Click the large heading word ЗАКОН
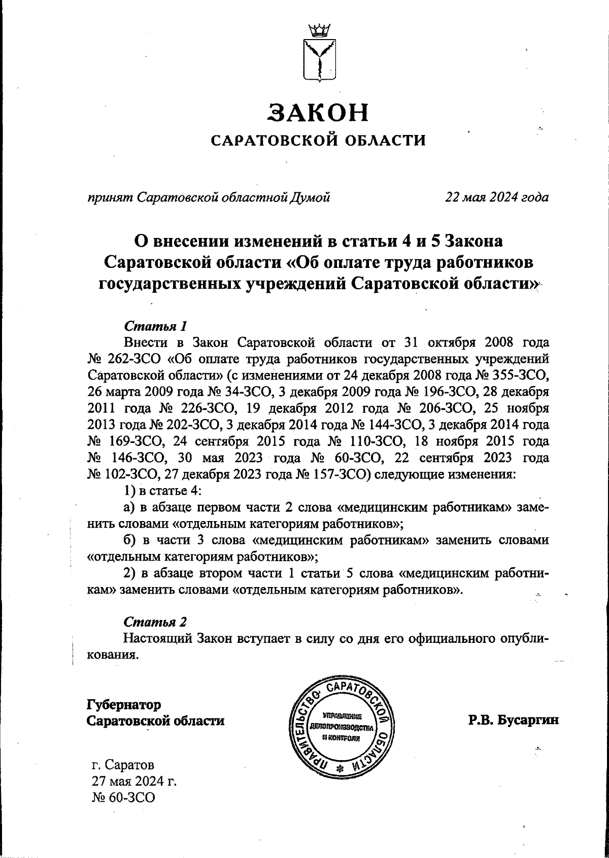[318, 113]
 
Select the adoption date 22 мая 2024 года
[496, 197]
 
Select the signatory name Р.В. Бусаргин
[513, 720]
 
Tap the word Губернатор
[124, 705]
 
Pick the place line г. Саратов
[123, 764]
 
